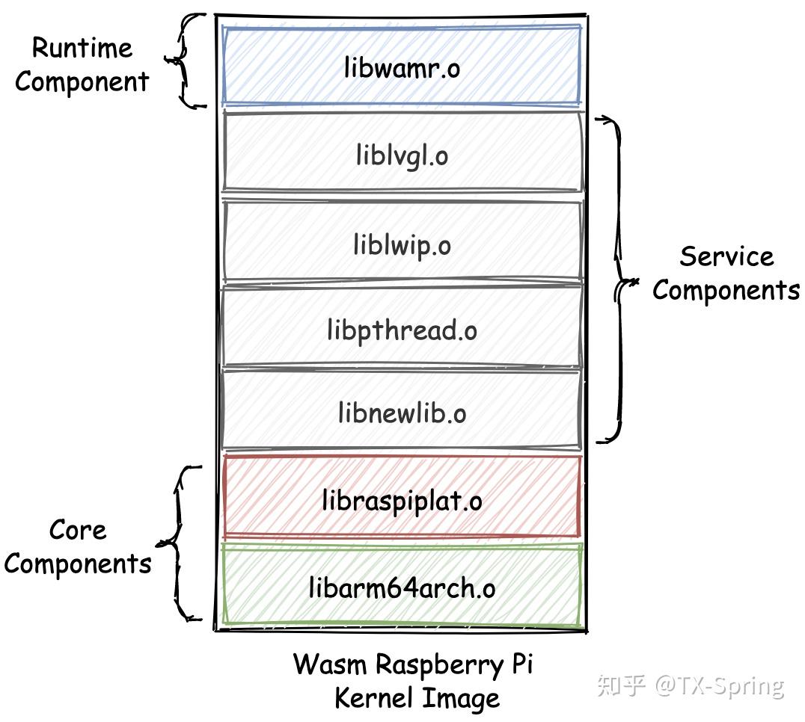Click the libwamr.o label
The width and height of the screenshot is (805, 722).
(402, 69)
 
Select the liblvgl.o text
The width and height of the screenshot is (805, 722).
(402, 156)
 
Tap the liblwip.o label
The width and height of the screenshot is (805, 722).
(402, 244)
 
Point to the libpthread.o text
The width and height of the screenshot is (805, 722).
(402, 330)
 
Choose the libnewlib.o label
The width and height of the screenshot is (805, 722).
(402, 413)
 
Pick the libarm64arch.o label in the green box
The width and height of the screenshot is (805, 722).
(402, 588)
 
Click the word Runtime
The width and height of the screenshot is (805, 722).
(82, 48)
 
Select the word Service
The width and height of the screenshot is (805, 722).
(726, 256)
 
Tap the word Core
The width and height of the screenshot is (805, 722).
(78, 530)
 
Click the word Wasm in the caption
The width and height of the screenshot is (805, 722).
(330, 664)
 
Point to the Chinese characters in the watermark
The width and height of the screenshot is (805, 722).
(620, 685)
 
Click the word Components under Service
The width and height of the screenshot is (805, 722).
(726, 290)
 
